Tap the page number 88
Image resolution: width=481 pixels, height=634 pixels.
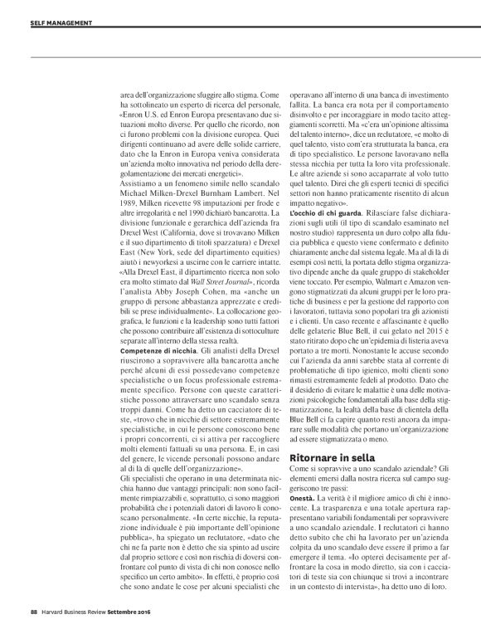[x=23, y=615]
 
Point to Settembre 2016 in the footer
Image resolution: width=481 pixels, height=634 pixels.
[x=138, y=615]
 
